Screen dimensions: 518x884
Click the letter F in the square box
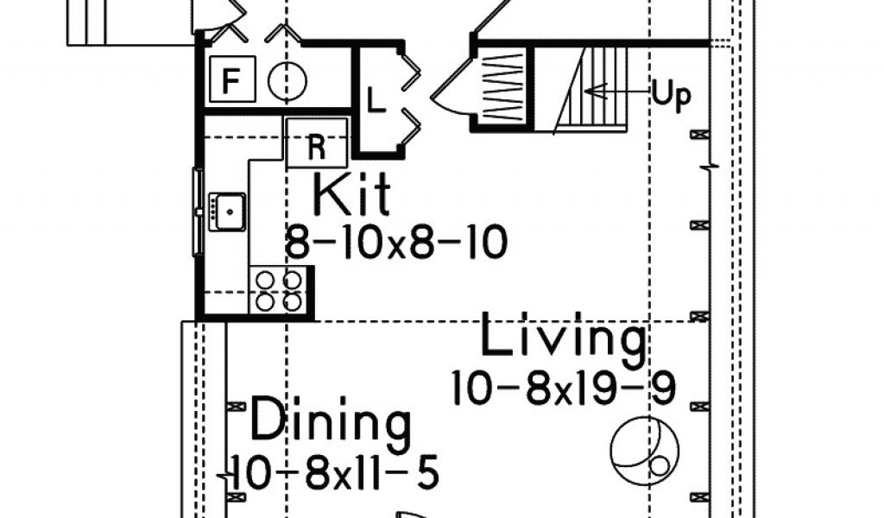[230, 82]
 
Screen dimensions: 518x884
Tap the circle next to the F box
[287, 83]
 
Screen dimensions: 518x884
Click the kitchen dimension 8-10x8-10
[396, 245]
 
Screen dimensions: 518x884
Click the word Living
[563, 338]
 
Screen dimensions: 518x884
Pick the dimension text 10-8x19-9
[563, 387]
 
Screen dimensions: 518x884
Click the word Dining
[330, 423]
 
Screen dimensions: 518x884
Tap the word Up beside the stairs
[671, 96]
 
